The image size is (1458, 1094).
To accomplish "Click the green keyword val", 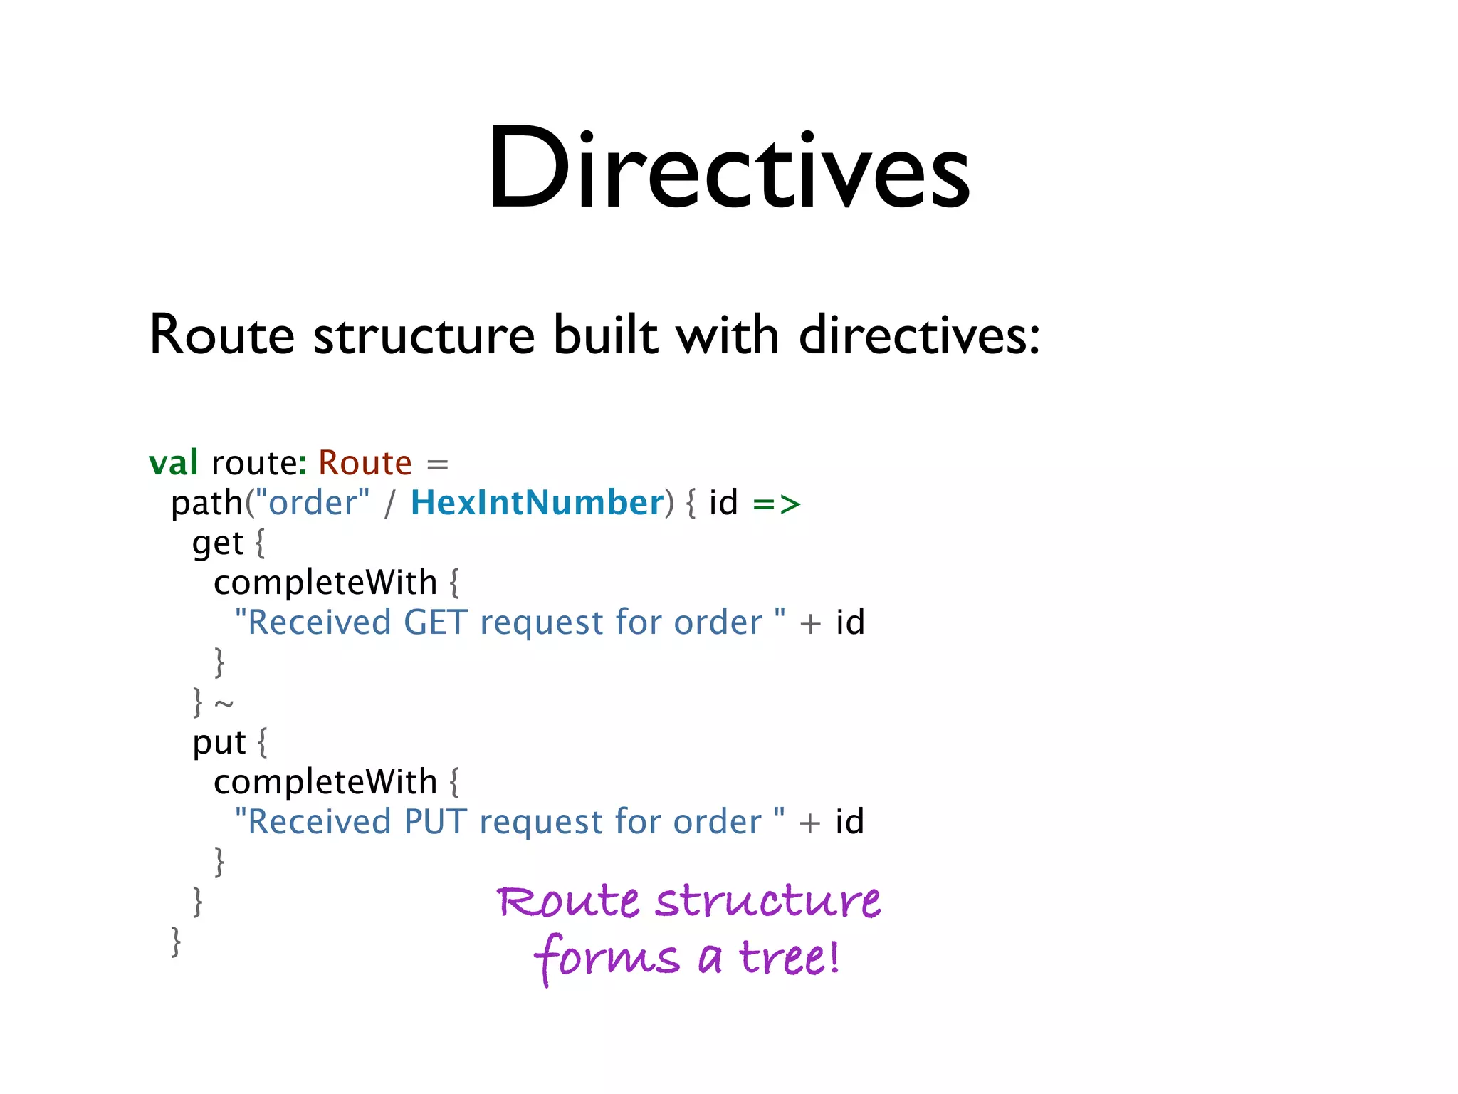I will pyautogui.click(x=173, y=463).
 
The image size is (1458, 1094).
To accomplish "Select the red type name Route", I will pyautogui.click(x=364, y=463).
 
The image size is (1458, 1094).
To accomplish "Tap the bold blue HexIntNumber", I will pyautogui.click(x=537, y=503).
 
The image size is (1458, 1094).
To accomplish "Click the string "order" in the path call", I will pyautogui.click(x=313, y=503).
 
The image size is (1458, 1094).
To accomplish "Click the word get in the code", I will pyautogui.click(x=218, y=543).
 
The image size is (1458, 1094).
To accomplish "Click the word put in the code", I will pyautogui.click(x=219, y=743).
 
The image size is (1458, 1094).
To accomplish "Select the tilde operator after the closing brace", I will pyautogui.click(x=224, y=704).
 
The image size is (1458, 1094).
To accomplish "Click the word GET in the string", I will pyautogui.click(x=436, y=622).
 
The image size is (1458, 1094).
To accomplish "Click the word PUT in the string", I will pyautogui.click(x=436, y=822).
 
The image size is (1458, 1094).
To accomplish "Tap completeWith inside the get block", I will pyautogui.click(x=325, y=583).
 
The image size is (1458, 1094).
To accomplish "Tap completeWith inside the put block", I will pyautogui.click(x=325, y=782).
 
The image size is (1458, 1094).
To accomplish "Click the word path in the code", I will pyautogui.click(x=206, y=503).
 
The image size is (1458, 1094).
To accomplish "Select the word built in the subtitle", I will pyautogui.click(x=606, y=335).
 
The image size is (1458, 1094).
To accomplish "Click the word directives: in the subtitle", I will pyautogui.click(x=919, y=335).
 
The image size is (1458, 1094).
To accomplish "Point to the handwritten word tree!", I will pyautogui.click(x=789, y=957).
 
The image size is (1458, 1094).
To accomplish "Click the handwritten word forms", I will pyautogui.click(x=607, y=959).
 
